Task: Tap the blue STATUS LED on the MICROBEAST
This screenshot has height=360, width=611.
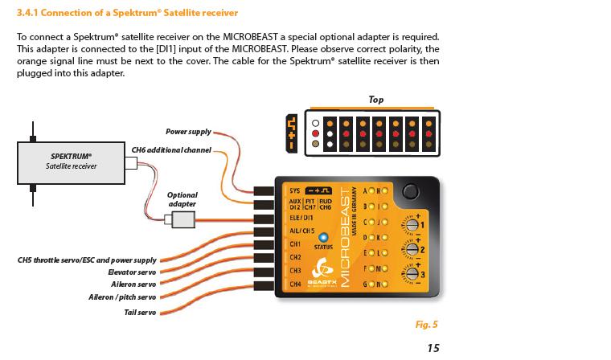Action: coord(323,237)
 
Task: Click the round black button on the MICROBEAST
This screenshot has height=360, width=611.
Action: coord(412,192)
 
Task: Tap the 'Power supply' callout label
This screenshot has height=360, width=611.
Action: coord(188,131)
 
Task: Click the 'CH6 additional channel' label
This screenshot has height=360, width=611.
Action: coord(171,149)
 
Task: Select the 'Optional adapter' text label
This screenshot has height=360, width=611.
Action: coord(182,199)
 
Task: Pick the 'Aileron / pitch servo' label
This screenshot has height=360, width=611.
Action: coord(122,297)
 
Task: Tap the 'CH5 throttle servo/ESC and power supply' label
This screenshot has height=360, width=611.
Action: coord(87,260)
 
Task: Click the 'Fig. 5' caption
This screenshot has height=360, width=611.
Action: coord(426,325)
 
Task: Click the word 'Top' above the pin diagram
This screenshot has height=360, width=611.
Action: coord(375,100)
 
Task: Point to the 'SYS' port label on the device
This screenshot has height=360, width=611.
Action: coord(295,190)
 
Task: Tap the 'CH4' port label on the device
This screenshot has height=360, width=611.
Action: coord(295,284)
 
